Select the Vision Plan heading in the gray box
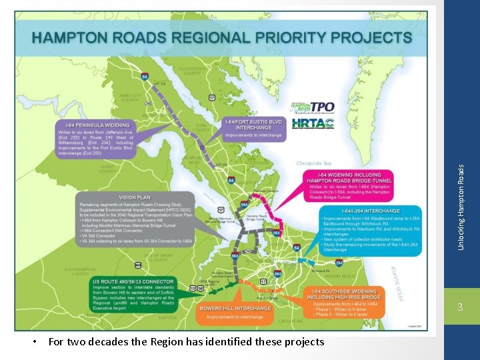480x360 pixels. point(135,197)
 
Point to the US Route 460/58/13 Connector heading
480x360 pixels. point(133,281)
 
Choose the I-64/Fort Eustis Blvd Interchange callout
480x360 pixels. point(253,125)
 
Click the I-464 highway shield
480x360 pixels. point(277,273)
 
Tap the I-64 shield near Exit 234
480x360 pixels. point(145,77)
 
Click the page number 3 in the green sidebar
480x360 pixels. point(461,306)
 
